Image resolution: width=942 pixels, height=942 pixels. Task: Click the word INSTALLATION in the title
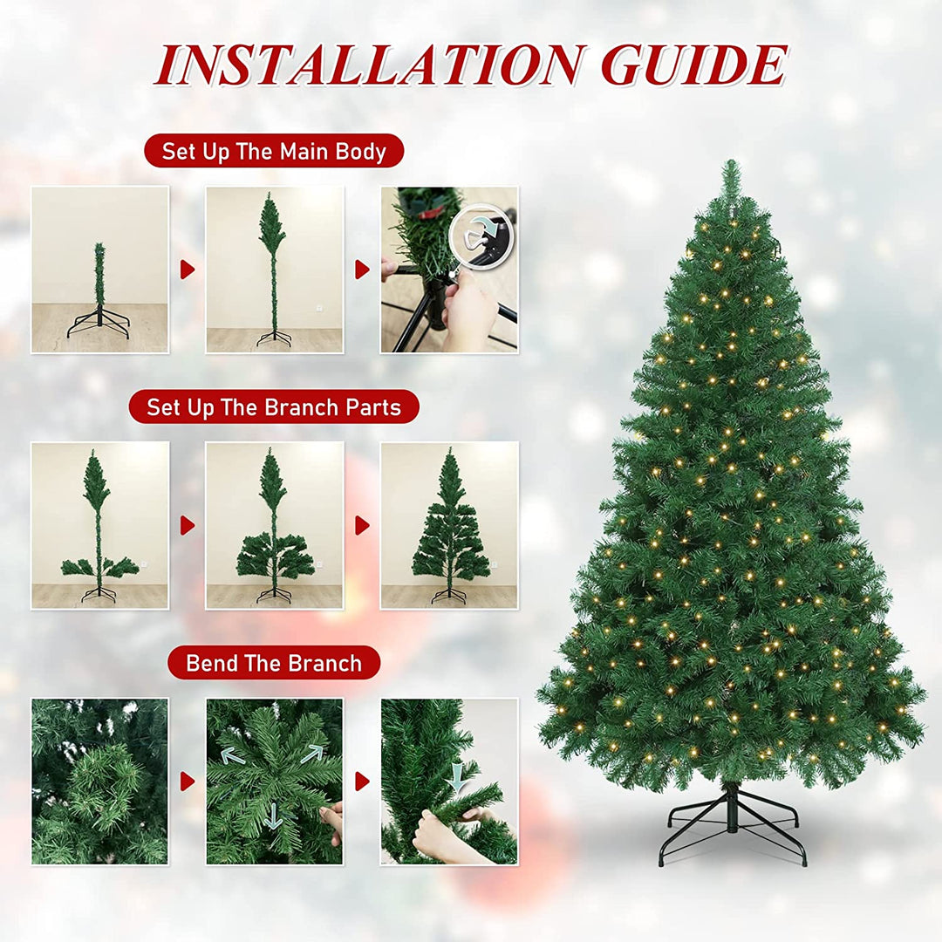369,65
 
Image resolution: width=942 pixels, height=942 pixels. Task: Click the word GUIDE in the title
693,65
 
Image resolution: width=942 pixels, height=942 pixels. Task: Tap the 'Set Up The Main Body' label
274,151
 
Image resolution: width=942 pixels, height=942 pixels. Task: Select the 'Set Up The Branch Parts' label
274,406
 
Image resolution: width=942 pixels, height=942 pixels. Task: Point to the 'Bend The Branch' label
274,663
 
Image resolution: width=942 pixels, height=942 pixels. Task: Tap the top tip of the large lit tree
731,161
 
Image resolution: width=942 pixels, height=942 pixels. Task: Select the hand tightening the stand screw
468,310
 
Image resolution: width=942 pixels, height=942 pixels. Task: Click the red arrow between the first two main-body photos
188,270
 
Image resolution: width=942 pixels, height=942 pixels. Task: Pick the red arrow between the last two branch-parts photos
362,526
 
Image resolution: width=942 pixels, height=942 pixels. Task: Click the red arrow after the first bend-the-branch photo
188,782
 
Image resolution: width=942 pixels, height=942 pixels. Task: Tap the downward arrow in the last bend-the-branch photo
458,777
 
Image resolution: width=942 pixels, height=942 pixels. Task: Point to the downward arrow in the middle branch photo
274,816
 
